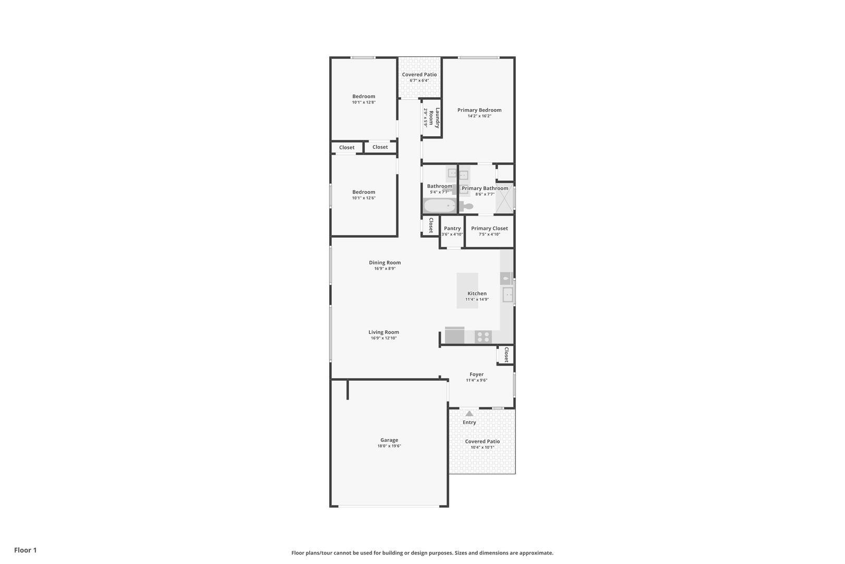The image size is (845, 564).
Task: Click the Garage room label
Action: coord(389,440)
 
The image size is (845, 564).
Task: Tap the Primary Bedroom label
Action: coord(479,110)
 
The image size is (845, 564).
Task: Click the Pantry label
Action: coord(452,228)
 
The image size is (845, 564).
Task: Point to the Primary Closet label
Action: coord(489,228)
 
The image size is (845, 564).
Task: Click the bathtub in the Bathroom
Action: coord(440,206)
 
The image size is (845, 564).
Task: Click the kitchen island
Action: coord(467,290)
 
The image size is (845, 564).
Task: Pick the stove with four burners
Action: coord(484,337)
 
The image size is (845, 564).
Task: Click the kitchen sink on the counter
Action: coord(508,296)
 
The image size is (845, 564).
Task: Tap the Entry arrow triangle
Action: coord(469,414)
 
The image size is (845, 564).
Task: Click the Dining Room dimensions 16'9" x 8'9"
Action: coord(385,269)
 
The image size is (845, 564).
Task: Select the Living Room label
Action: coord(384,332)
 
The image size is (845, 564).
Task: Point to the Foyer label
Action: coord(476,374)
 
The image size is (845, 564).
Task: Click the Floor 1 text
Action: coord(26,550)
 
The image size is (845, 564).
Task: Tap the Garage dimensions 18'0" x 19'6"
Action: coord(389,446)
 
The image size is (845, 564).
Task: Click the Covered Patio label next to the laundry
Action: coord(419,75)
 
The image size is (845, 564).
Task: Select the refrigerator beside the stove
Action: coord(454,335)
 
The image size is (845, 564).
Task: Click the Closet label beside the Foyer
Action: coord(506,355)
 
